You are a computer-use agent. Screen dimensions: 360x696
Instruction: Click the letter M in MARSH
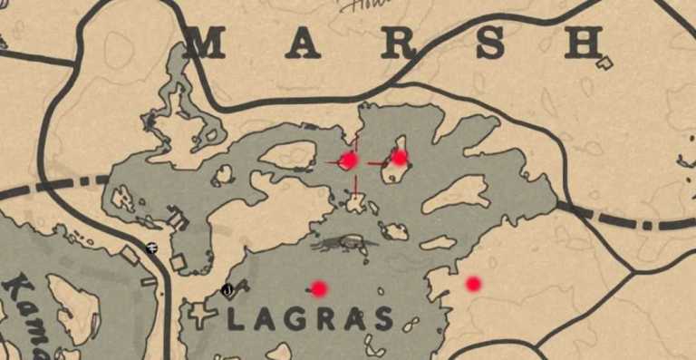tap(207, 43)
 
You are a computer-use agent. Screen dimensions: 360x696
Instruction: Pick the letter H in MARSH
tap(584, 43)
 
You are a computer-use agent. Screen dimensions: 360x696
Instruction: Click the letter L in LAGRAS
tap(235, 319)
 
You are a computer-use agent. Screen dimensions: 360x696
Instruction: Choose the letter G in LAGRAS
tap(295, 319)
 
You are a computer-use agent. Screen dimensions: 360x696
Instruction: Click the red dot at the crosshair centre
tap(349, 161)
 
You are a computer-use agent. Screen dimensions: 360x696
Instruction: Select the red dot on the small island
tap(400, 158)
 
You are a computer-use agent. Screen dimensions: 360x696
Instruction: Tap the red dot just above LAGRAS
tap(319, 288)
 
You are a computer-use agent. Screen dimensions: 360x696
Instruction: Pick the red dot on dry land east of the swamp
tap(473, 284)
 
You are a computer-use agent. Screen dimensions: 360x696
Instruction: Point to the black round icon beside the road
tap(151, 248)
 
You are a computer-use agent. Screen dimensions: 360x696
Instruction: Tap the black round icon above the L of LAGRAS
tap(227, 290)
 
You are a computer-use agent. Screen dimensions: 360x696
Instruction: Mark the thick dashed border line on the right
tap(634, 220)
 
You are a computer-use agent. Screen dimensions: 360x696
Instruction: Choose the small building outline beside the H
tap(605, 63)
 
